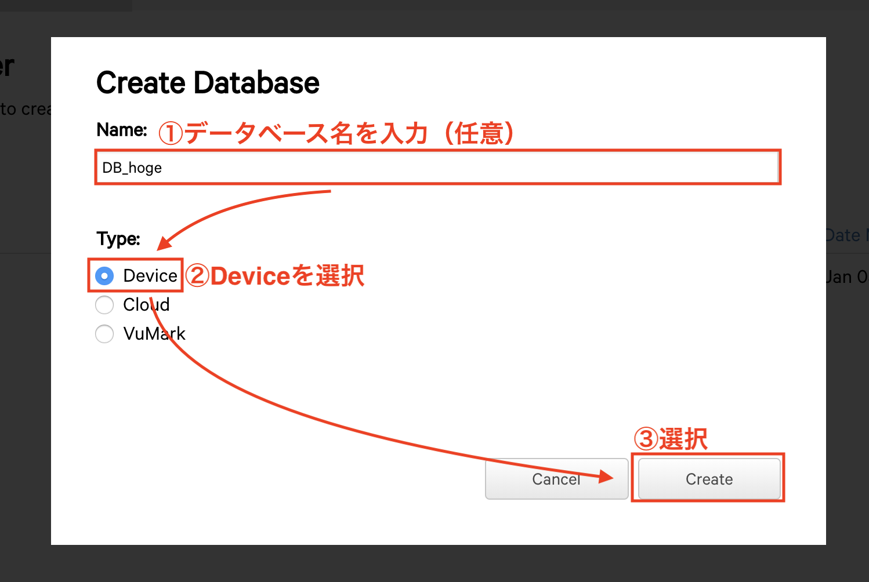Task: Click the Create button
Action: [x=709, y=479]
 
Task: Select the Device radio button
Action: [x=104, y=276]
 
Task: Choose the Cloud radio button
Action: [x=104, y=305]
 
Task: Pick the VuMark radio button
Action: [x=104, y=334]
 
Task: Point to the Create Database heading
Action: [x=208, y=83]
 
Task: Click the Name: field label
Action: [x=122, y=130]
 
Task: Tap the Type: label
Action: [x=118, y=239]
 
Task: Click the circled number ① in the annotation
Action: [x=171, y=133]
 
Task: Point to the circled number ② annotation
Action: [x=198, y=276]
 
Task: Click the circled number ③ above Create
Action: [x=646, y=439]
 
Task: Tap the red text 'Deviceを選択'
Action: [x=288, y=276]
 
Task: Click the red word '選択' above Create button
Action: [x=683, y=439]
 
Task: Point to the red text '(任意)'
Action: [x=479, y=133]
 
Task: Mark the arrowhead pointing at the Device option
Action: [x=164, y=243]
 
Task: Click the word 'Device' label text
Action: [x=150, y=276]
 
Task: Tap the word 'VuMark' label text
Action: [x=154, y=334]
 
